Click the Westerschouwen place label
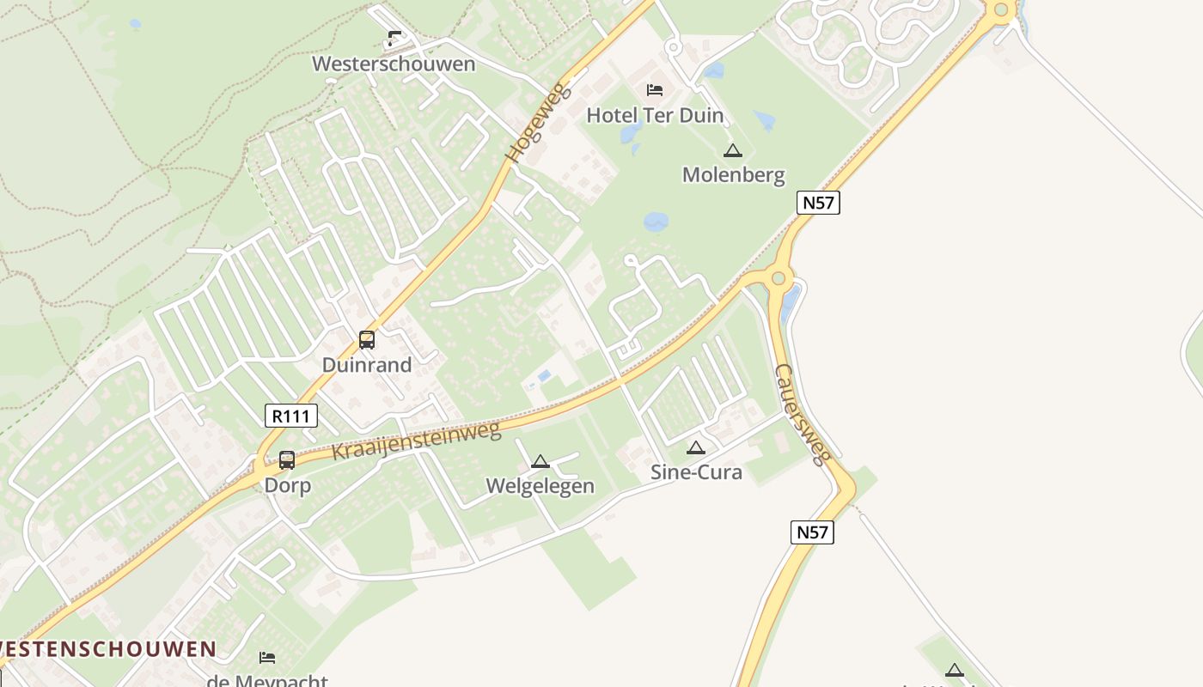394,64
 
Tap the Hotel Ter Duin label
655,115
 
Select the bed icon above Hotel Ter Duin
655,89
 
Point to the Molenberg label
733,175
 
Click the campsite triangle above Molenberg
733,151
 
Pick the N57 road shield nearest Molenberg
817,203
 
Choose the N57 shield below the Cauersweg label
812,532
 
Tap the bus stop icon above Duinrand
367,339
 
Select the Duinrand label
367,365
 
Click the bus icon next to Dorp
287,460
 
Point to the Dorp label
287,485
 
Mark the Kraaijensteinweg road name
416,441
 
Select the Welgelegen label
540,486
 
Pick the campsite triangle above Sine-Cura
696,447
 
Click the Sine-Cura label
696,471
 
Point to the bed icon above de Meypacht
267,658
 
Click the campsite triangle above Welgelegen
540,462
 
